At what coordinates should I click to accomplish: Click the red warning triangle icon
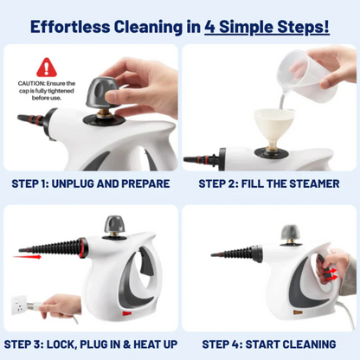[x=45, y=66]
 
